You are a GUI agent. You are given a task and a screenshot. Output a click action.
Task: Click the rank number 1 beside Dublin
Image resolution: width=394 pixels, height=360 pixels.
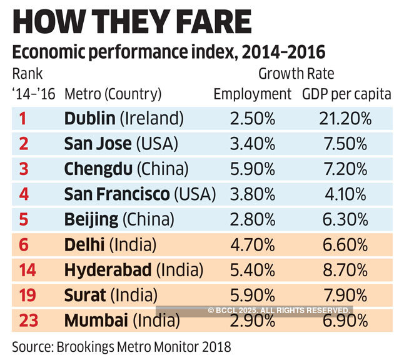[x=23, y=118]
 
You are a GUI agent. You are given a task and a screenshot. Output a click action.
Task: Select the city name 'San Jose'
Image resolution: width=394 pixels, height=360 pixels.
[x=98, y=144]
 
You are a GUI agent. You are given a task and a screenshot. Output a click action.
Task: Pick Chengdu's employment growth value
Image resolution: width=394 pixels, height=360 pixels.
[x=253, y=169]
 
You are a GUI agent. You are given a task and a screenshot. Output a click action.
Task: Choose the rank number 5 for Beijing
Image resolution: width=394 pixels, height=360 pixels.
[x=23, y=220]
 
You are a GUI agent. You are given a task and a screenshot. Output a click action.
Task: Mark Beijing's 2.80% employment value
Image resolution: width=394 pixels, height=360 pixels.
[x=253, y=220]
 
